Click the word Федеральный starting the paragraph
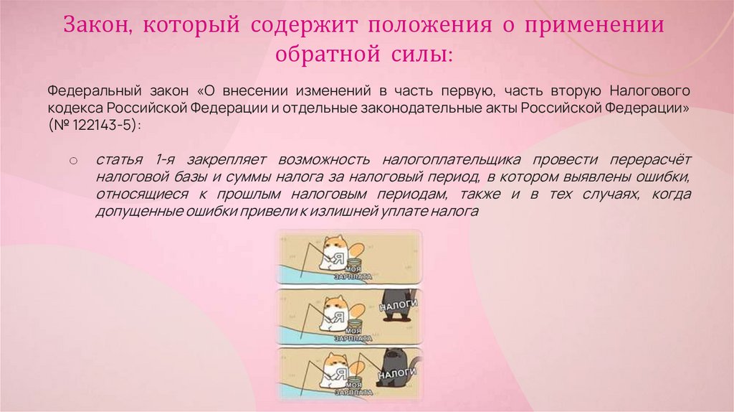(x=87, y=92)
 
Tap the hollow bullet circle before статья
(x=73, y=159)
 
